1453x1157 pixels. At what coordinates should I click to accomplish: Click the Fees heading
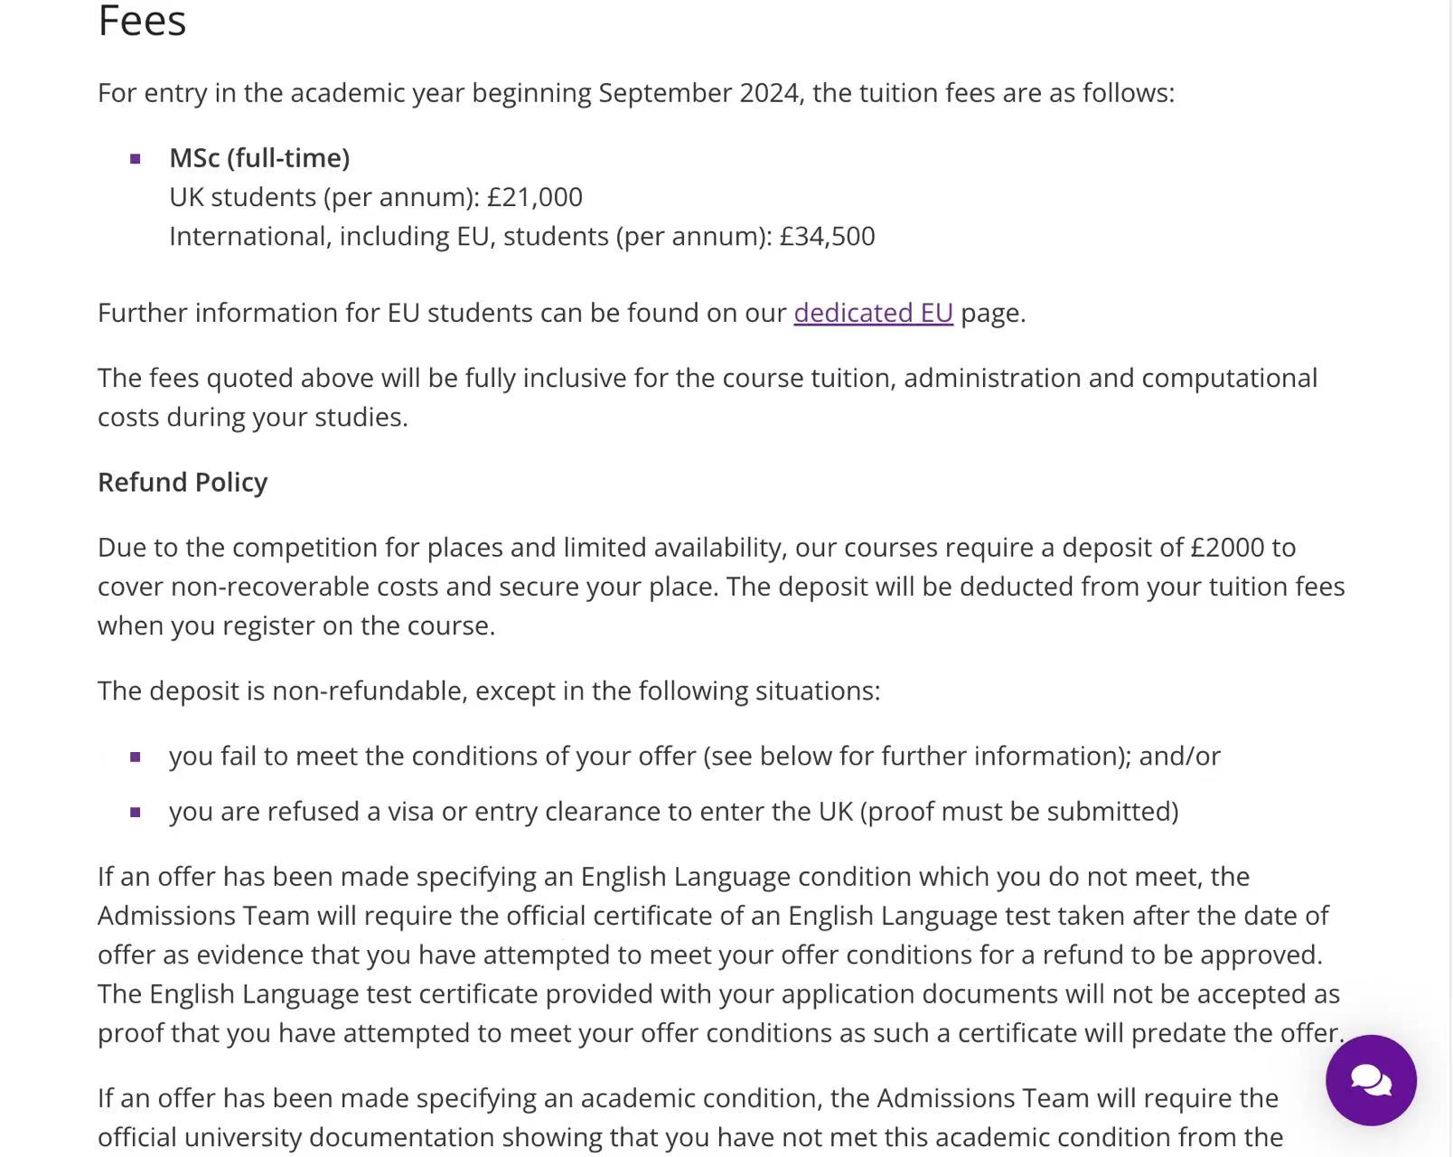coord(142,21)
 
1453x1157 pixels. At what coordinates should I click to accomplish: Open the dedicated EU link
coord(873,313)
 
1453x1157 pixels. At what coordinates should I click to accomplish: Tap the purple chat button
coord(1370,1079)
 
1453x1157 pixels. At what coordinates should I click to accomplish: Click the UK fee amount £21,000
coord(535,197)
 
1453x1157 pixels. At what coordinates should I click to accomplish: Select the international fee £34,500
coord(827,236)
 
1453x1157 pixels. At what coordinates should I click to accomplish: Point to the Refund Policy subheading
coord(183,482)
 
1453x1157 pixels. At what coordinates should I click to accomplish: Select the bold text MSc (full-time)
coord(259,158)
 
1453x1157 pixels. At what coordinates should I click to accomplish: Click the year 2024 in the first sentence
coord(768,93)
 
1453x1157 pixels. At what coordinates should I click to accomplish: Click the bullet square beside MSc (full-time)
coord(136,159)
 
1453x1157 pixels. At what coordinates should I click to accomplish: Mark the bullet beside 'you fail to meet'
coord(136,757)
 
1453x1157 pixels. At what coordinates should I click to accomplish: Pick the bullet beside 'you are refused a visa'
coord(136,812)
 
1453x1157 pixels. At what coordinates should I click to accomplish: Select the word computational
coord(1229,378)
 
